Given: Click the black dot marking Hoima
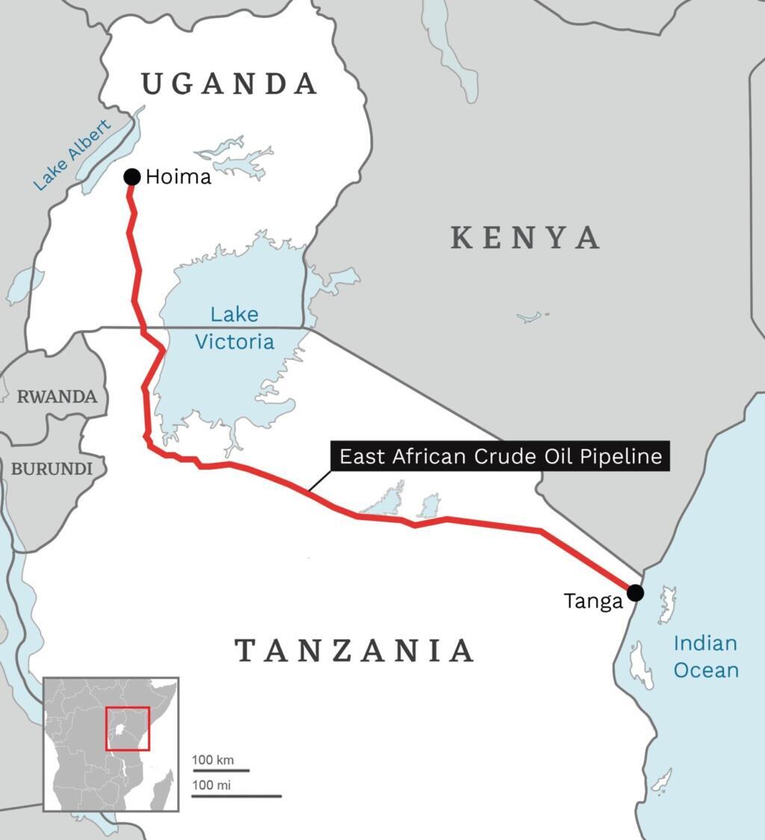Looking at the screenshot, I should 132,176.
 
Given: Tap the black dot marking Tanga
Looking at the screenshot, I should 635,593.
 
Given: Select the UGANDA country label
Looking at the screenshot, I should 230,84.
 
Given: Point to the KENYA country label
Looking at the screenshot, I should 526,238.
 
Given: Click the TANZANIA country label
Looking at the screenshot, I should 355,650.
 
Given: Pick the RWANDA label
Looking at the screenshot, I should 58,397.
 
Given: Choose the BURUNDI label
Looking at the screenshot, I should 52,469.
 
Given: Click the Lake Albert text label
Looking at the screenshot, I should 72,155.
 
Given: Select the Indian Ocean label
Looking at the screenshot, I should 705,656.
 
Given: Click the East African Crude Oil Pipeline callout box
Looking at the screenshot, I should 501,456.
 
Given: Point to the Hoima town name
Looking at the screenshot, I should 179,178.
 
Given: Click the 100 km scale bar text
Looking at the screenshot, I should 213,760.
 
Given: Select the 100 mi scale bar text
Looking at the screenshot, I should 211,785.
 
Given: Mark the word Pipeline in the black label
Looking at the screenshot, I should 625,456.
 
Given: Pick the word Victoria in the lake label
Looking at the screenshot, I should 234,342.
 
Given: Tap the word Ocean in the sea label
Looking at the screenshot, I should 706,670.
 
